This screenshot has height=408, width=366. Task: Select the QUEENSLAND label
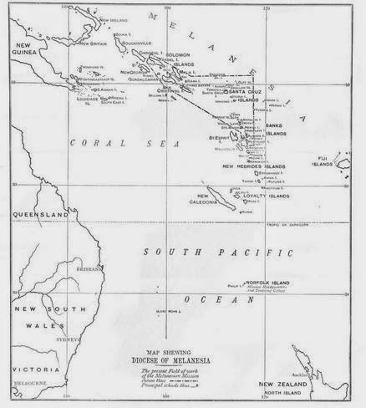[40, 215]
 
